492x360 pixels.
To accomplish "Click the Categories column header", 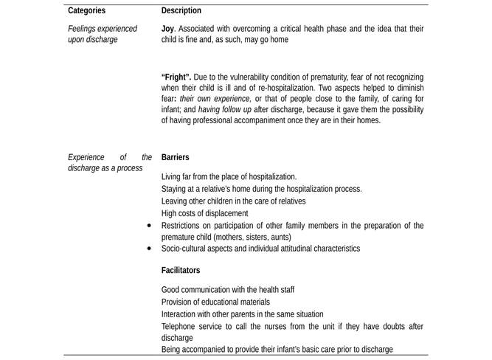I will (86, 11).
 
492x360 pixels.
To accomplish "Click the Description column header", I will (181, 11).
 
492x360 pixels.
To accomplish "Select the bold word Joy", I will (167, 29).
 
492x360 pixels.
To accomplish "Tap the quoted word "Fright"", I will (177, 77).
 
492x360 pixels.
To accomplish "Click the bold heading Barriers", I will (175, 157).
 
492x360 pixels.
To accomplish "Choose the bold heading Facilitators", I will (180, 271).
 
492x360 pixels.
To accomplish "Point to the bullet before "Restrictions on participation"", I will (150, 226).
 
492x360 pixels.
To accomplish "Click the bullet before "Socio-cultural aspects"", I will (150, 249).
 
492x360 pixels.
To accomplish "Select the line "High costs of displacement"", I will (204, 213).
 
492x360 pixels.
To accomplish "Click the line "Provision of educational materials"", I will (215, 302).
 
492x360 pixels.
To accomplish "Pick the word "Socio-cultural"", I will (186, 249).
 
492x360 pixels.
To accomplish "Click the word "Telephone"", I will (179, 326).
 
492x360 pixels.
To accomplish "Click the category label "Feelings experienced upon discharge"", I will (102, 34).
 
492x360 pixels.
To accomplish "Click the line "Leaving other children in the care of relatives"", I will (233, 201).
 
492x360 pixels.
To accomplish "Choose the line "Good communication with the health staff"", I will (227, 290).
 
